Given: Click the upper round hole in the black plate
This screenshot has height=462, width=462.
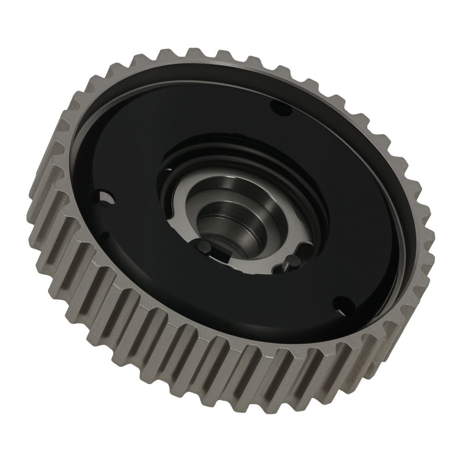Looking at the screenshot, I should point(281,109).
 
